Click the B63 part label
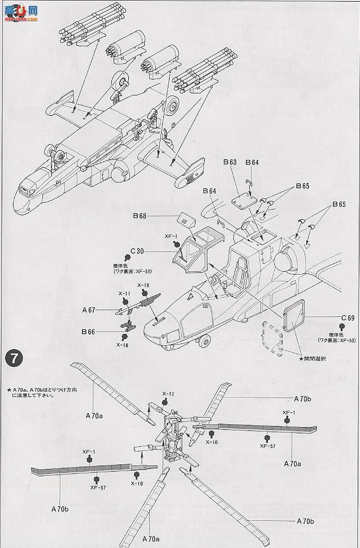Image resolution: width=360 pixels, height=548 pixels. [229, 162]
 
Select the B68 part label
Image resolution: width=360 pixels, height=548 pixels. [140, 215]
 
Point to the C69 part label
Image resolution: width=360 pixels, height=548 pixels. [347, 318]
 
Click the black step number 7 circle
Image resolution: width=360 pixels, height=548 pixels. [13, 358]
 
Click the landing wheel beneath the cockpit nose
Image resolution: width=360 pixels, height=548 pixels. [205, 341]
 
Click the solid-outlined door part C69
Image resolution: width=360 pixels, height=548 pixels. [294, 316]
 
